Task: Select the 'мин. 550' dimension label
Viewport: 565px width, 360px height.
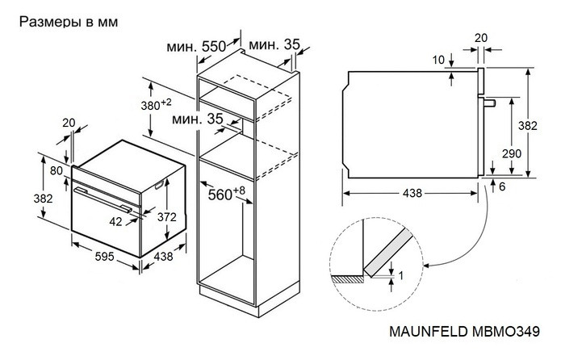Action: coord(196,48)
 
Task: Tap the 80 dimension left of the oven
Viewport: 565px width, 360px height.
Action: coord(56,170)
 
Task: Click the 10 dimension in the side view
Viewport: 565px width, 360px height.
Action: coord(437,60)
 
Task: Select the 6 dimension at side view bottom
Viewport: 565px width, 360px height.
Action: coord(502,186)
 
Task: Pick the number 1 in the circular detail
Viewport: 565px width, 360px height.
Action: coord(399,275)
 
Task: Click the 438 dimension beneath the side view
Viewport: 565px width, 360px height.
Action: coord(412,195)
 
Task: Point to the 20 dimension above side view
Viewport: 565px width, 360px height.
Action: coord(482,37)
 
